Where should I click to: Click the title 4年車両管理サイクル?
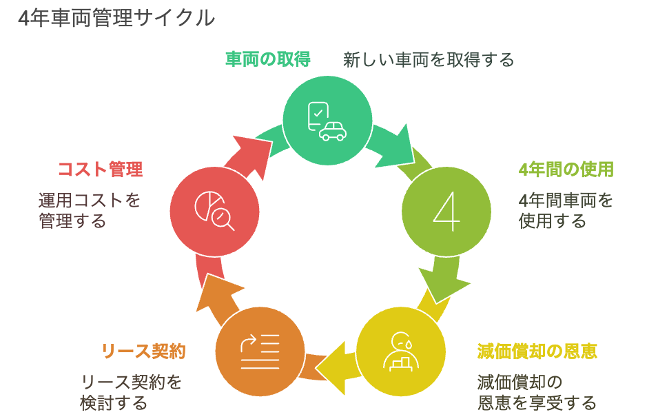pyautogui.click(x=116, y=19)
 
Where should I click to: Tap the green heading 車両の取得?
pyautogui.click(x=268, y=59)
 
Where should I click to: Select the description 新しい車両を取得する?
pyautogui.click(x=429, y=60)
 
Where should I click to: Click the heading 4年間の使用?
pyautogui.click(x=566, y=170)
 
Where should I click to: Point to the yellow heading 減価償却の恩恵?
pyautogui.click(x=537, y=351)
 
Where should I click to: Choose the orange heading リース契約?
pyautogui.click(x=143, y=351)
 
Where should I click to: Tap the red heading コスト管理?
pyautogui.click(x=101, y=170)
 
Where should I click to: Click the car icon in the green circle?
pyautogui.click(x=333, y=131)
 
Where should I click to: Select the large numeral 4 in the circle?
pyautogui.click(x=446, y=211)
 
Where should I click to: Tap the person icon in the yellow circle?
pyautogui.click(x=401, y=352)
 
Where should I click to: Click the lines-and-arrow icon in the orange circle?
pyautogui.click(x=260, y=352)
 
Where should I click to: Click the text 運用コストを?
pyautogui.click(x=90, y=201)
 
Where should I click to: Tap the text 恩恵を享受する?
pyautogui.click(x=537, y=402)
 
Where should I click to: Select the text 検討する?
pyautogui.click(x=114, y=402)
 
